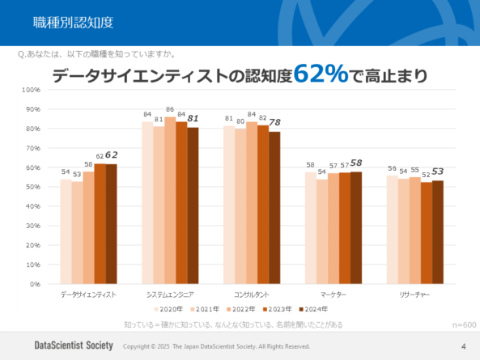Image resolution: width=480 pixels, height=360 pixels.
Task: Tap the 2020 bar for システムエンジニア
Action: [x=147, y=203]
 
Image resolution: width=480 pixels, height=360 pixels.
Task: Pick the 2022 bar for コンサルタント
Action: [x=252, y=203]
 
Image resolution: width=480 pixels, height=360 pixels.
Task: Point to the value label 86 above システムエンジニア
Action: [x=170, y=109]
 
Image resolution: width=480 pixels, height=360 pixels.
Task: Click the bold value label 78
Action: [x=274, y=122]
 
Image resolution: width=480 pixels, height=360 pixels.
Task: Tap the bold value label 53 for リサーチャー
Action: [x=438, y=171]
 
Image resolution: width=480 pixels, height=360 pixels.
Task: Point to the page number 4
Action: [x=463, y=345]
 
